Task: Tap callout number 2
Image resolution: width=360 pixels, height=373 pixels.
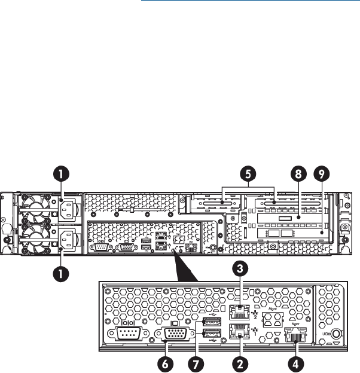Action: pyautogui.click(x=240, y=362)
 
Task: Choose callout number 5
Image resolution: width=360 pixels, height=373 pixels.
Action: pyautogui.click(x=246, y=173)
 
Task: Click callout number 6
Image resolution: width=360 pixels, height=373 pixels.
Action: pyautogui.click(x=162, y=362)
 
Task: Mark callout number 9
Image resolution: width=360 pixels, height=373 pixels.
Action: pyautogui.click(x=322, y=173)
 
